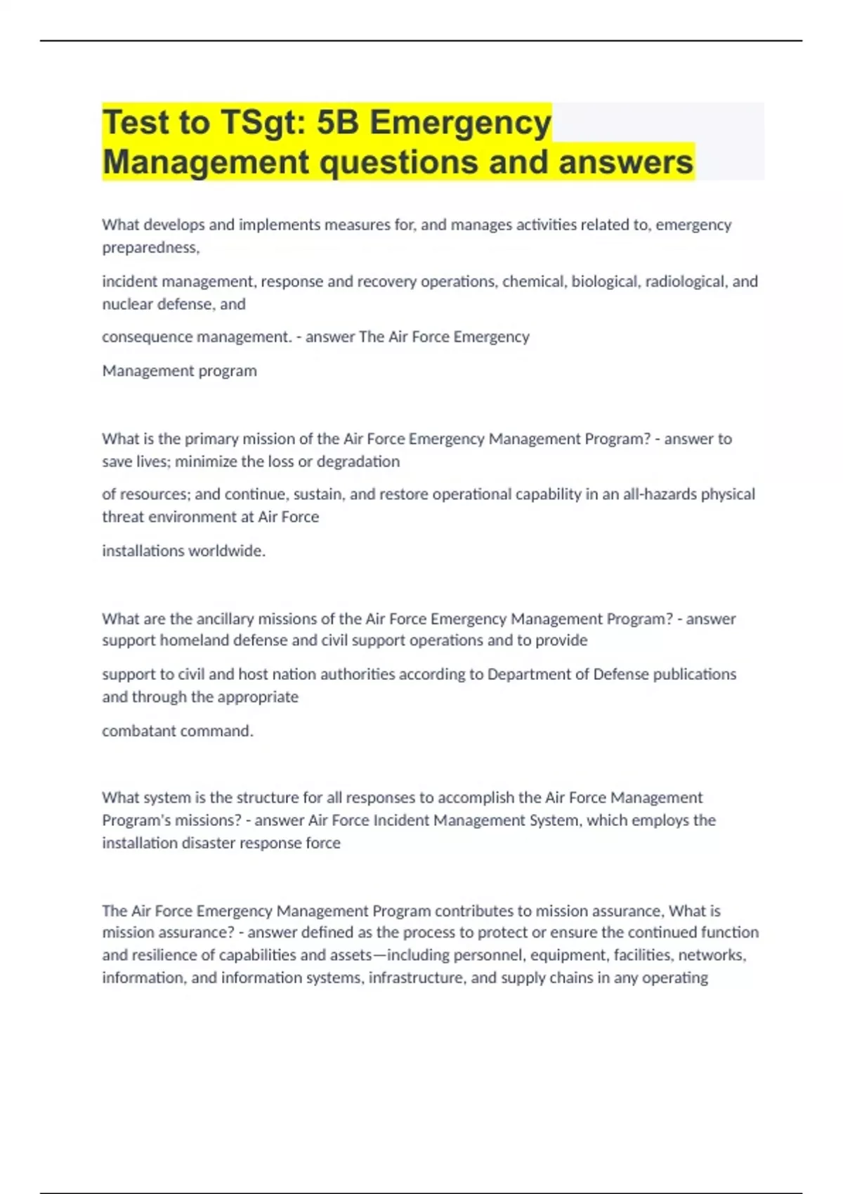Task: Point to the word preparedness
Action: [x=150, y=247]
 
